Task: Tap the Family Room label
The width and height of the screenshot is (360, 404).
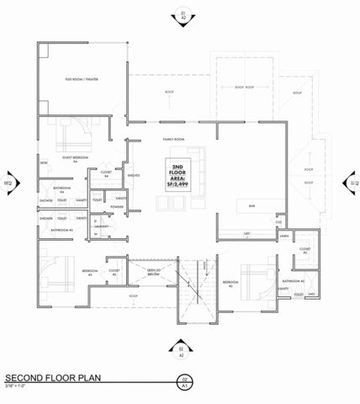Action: (174, 140)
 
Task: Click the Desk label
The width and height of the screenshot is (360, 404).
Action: (42, 163)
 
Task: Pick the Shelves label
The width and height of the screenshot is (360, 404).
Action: (134, 176)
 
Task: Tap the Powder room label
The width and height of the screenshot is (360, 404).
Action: (117, 205)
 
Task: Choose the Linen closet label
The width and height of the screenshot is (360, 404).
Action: (285, 238)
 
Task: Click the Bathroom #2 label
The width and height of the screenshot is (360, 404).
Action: (293, 281)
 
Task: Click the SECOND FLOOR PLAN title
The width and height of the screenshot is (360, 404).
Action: (54, 378)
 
